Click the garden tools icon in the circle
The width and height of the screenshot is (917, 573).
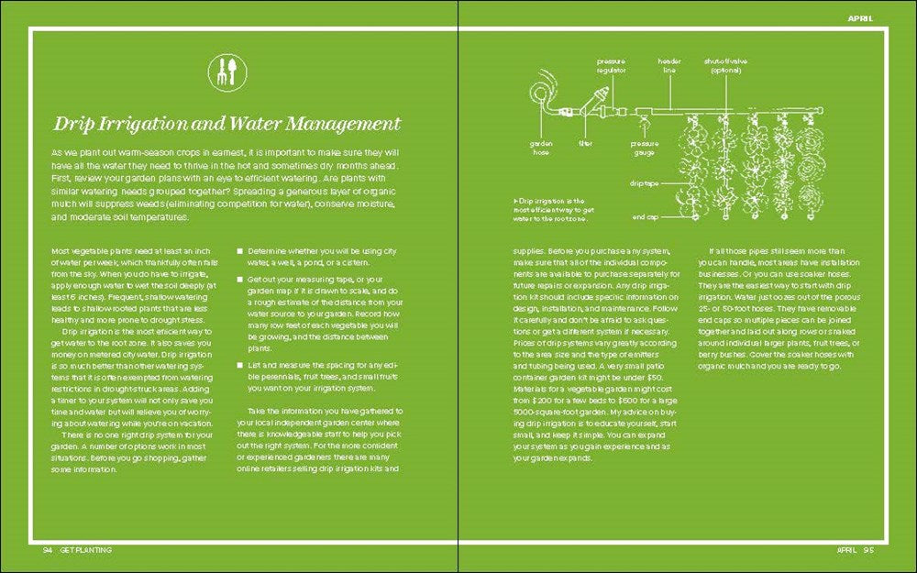click(x=227, y=72)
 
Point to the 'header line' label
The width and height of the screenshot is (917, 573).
click(x=668, y=65)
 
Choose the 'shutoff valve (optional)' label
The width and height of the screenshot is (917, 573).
click(x=725, y=65)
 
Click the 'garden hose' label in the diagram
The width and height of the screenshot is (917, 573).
click(x=539, y=148)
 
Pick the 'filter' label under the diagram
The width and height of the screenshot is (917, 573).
click(x=585, y=143)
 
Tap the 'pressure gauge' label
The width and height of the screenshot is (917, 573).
click(x=644, y=148)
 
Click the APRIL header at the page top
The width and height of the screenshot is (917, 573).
click(x=860, y=18)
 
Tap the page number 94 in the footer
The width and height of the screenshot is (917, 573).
click(x=47, y=550)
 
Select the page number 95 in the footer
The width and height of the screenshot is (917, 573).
click(x=869, y=550)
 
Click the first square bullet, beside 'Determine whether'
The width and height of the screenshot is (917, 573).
click(x=240, y=249)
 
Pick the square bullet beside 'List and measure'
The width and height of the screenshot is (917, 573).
click(x=240, y=364)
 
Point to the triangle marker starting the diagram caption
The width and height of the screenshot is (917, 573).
click(x=515, y=200)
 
